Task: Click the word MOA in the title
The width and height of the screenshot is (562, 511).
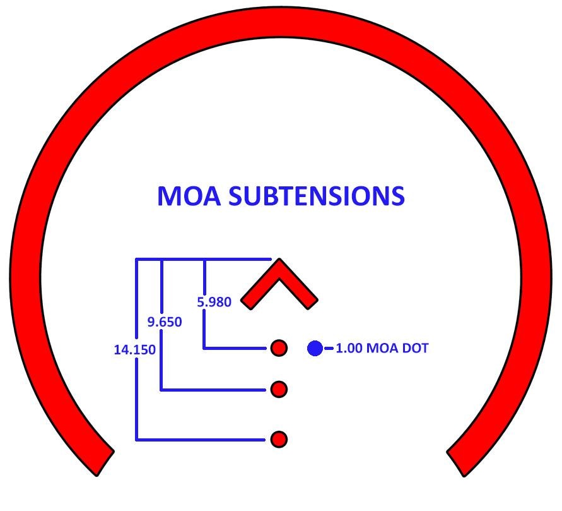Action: coord(189,196)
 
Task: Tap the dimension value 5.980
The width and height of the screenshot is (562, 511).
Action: coord(214,302)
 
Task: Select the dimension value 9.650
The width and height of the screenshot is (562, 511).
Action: coord(165,322)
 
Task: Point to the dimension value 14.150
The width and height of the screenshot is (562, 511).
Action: coord(135,349)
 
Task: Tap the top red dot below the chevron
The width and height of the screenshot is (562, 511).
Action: coord(279,348)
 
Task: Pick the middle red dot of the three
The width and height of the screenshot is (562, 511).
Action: coord(279,390)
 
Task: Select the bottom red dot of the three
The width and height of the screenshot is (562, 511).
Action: coord(279,439)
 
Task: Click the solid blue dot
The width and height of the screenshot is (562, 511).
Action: coord(315,348)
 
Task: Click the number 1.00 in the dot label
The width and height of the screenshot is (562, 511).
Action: coord(349,348)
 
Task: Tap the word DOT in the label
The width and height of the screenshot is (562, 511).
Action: coord(414,348)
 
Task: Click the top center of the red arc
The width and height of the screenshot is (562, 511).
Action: coord(281,24)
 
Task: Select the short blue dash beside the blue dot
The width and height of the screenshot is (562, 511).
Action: coord(329,348)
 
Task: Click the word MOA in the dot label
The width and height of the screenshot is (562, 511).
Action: coord(382,348)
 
